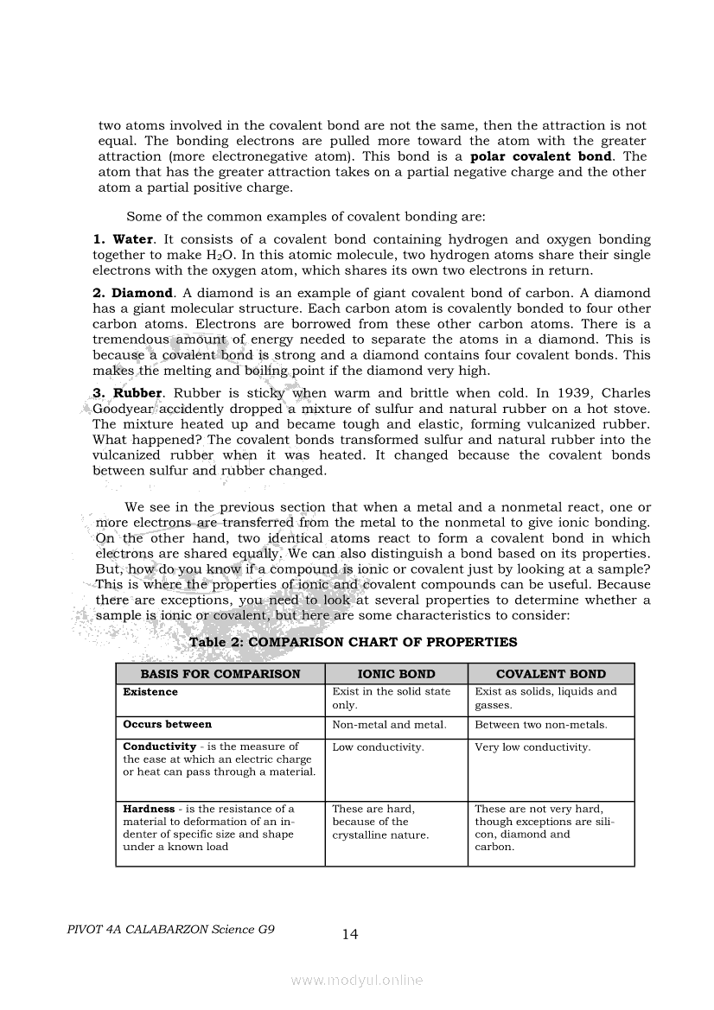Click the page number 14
tap(350, 934)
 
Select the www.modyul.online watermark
tap(357, 980)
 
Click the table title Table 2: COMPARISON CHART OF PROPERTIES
tap(353, 642)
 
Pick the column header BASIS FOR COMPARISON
tap(220, 674)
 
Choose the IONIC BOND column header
tap(396, 674)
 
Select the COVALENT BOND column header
tap(551, 674)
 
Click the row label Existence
tap(150, 692)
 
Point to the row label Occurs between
tap(167, 725)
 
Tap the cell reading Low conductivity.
tap(378, 747)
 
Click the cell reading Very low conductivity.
tap(532, 747)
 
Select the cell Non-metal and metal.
tap(389, 725)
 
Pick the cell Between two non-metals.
tap(541, 725)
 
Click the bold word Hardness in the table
tap(149, 810)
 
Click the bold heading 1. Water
tap(123, 239)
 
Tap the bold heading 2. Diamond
tap(132, 294)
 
